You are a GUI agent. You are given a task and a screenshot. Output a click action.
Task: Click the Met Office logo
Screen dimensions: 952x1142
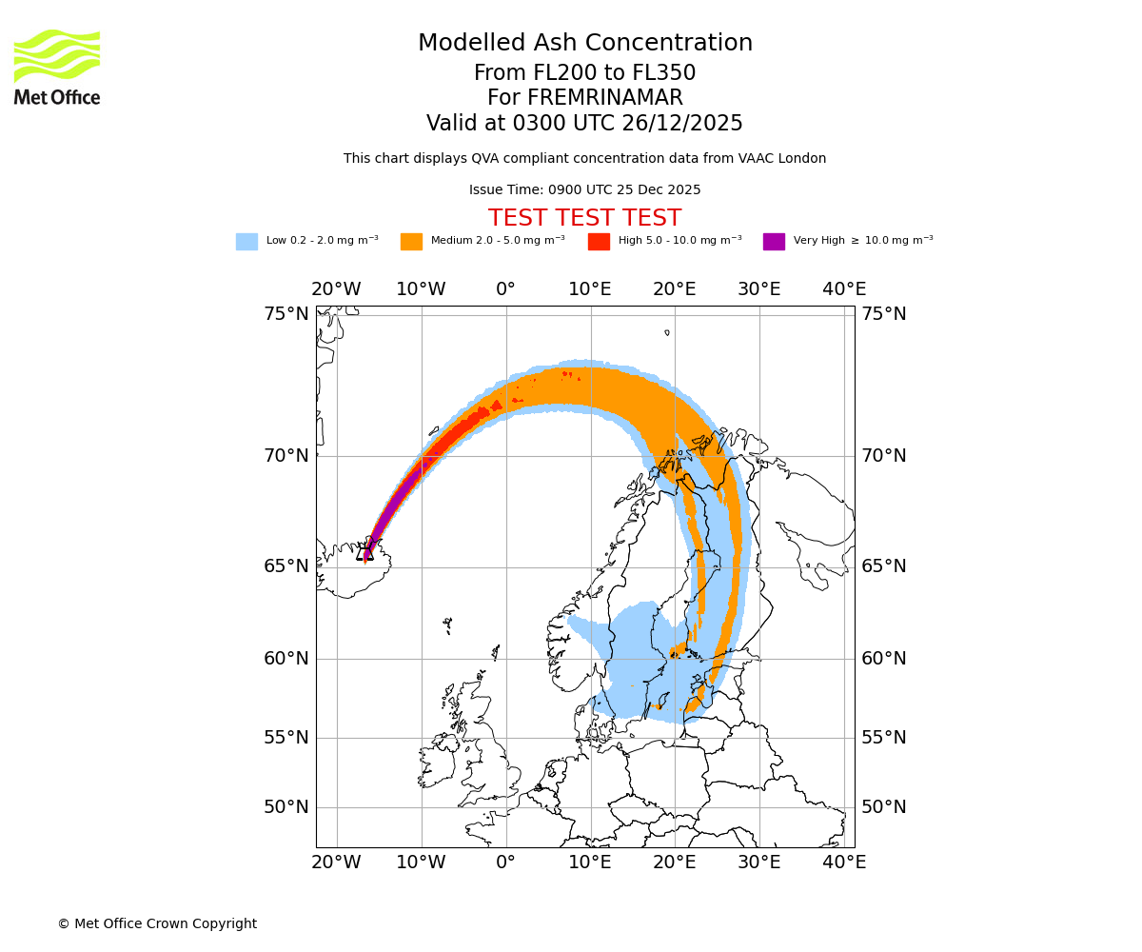[57, 67]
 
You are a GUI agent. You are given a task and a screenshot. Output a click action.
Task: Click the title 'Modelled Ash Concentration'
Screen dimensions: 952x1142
[585, 44]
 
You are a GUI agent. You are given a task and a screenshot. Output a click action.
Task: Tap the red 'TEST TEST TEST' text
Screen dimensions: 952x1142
[584, 218]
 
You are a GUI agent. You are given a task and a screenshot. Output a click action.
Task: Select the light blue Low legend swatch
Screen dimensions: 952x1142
[246, 242]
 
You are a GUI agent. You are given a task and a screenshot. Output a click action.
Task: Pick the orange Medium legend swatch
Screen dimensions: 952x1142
[411, 242]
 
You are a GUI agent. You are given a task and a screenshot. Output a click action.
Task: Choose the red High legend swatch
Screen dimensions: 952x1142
[599, 242]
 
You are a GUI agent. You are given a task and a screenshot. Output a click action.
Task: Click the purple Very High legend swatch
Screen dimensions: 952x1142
[774, 242]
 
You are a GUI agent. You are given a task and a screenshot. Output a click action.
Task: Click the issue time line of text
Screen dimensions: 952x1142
[584, 190]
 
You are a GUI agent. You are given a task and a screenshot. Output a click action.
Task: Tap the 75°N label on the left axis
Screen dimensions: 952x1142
[286, 314]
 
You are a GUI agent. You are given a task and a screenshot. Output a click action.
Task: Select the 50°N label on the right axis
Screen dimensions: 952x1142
[883, 807]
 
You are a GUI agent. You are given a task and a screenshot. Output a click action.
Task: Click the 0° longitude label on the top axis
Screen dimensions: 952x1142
[505, 289]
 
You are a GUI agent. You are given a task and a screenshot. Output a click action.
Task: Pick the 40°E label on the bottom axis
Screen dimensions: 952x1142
[844, 863]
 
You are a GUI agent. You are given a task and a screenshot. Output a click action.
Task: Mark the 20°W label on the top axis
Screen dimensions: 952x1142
[336, 289]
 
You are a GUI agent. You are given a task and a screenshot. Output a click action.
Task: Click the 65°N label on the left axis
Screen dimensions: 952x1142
[286, 566]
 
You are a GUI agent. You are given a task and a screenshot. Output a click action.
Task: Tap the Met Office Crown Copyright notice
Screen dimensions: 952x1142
[157, 924]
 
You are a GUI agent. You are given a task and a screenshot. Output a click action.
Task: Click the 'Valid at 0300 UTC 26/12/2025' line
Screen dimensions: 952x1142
[584, 124]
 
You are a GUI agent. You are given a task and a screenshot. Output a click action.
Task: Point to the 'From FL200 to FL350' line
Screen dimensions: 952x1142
[584, 73]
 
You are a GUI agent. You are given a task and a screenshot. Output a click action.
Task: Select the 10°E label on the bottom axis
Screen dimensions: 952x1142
[590, 863]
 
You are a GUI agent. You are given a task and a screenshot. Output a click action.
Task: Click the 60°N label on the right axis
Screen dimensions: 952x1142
[883, 659]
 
